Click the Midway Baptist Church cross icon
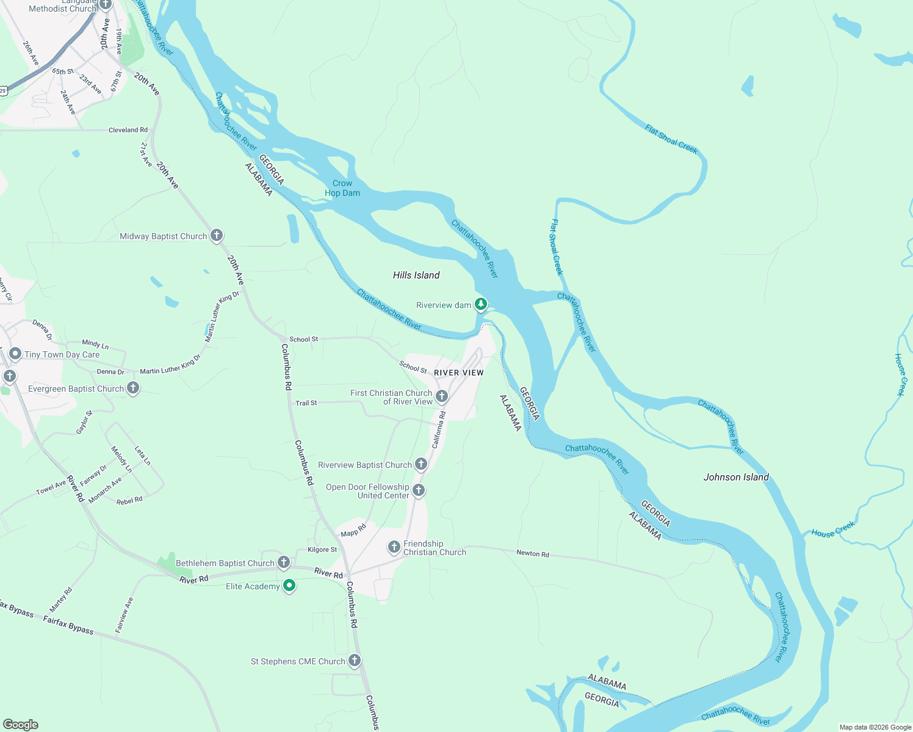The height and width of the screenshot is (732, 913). [x=217, y=235]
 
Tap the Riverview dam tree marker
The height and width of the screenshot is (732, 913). [x=481, y=304]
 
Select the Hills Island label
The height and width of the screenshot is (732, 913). [x=416, y=275]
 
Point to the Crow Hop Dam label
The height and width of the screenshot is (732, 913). [x=342, y=188]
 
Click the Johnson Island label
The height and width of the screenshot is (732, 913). [x=736, y=477]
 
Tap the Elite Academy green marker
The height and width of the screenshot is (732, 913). [x=289, y=586]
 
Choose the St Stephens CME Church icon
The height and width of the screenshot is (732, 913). [x=355, y=661]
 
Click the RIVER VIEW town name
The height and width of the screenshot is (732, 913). [x=459, y=373]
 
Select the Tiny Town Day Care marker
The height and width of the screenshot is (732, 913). [x=15, y=354]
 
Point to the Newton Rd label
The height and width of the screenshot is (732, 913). [x=533, y=553]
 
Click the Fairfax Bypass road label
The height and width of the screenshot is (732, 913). [x=68, y=625]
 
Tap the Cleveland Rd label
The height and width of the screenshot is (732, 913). [x=128, y=130]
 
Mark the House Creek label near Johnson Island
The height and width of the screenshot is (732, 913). [x=833, y=529]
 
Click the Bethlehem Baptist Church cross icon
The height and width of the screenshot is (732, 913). [x=284, y=562]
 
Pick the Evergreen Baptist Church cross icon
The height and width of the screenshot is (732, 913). [x=133, y=388]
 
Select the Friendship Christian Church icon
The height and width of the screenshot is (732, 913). [x=394, y=547]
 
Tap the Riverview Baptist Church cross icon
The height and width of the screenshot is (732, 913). [x=421, y=464]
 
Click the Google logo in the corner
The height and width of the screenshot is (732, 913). [x=21, y=725]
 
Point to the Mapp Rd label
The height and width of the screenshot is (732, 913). [x=353, y=530]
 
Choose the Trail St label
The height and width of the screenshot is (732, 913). [x=306, y=403]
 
